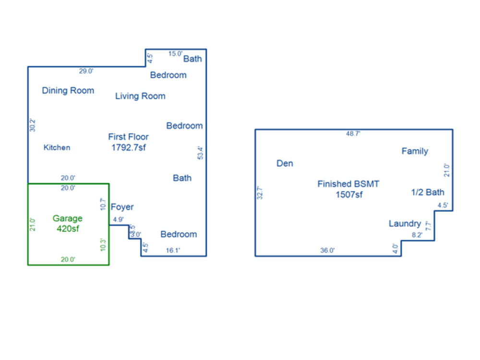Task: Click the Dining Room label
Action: tap(68, 91)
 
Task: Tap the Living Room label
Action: tap(140, 96)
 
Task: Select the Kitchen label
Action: tap(57, 147)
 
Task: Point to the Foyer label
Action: tap(122, 207)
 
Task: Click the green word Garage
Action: tap(68, 218)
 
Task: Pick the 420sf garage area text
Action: tap(68, 228)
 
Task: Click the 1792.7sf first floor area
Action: tap(129, 147)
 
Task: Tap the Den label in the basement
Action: tap(285, 164)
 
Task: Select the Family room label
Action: tap(415, 151)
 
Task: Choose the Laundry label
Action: tap(405, 224)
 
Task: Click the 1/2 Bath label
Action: tap(428, 192)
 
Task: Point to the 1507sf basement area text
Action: tap(349, 195)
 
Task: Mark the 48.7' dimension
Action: tap(353, 134)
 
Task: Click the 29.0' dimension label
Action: tap(86, 72)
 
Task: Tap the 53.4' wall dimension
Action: tap(200, 153)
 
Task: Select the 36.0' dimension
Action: tap(327, 251)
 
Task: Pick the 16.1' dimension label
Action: tap(173, 251)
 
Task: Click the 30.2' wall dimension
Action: tap(33, 125)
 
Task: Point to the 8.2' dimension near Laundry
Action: tap(417, 235)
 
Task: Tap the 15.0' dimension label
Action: tap(175, 54)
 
